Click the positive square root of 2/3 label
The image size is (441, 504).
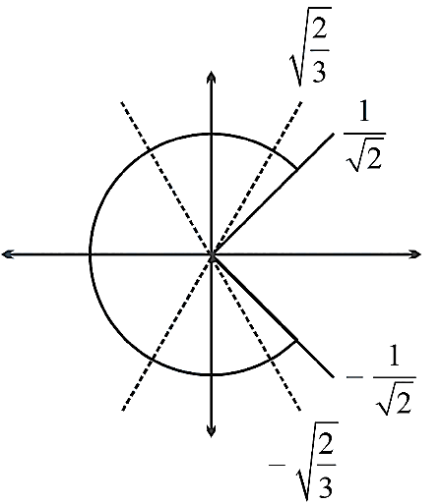pyautogui.click(x=310, y=46)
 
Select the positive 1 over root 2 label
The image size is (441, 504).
pyautogui.click(x=364, y=138)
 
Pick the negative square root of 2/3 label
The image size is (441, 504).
pyautogui.click(x=303, y=462)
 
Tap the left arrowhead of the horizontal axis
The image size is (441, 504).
pyautogui.click(x=8, y=254)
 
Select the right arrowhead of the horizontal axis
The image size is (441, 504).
pyautogui.click(x=414, y=254)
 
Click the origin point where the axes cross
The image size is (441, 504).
pyautogui.click(x=212, y=254)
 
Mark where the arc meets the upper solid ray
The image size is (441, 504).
pyautogui.click(x=297, y=170)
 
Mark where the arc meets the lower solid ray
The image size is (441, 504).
pyautogui.click(x=297, y=340)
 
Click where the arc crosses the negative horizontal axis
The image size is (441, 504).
pyautogui.click(x=91, y=254)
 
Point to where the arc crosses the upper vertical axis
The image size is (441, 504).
pyautogui.click(x=212, y=134)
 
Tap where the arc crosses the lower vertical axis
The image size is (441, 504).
pyautogui.click(x=212, y=374)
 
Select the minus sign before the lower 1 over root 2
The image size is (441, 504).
pyautogui.click(x=354, y=377)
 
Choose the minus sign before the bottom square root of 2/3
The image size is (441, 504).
pyautogui.click(x=278, y=465)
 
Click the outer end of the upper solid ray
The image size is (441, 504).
pyautogui.click(x=334, y=134)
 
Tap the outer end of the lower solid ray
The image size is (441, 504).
pyautogui.click(x=334, y=376)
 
